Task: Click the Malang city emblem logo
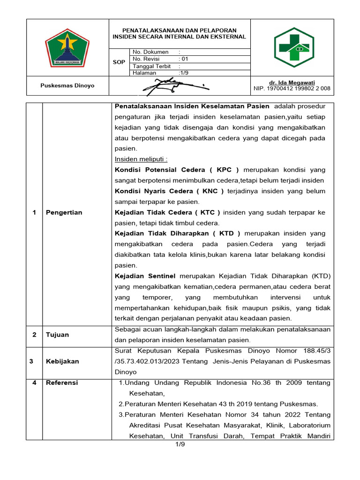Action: tap(67, 47)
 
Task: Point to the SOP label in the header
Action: tap(119, 62)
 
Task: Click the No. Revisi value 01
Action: tap(185, 59)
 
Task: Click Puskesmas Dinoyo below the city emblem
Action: tap(67, 86)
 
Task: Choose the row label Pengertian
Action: tap(64, 212)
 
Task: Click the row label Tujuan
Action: tap(57, 335)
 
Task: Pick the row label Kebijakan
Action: tap(62, 361)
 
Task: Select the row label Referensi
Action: tap(62, 382)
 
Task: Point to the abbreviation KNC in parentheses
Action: tap(209, 191)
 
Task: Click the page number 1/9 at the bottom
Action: tap(180, 444)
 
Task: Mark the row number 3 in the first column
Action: tap(31, 361)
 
